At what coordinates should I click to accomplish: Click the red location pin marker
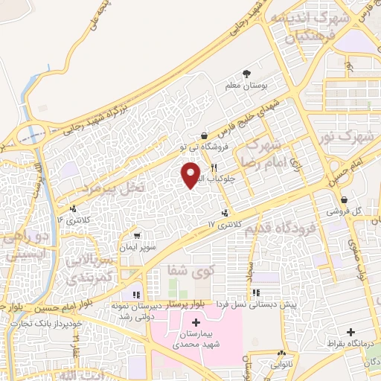tap(190, 175)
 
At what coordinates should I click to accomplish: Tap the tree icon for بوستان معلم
tap(246, 74)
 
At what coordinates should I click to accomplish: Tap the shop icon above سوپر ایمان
tap(134, 234)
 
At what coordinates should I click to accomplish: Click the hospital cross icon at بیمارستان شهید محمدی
tap(195, 322)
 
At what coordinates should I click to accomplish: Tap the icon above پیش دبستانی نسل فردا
tap(257, 293)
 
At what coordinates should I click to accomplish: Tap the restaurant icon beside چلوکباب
tap(214, 167)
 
